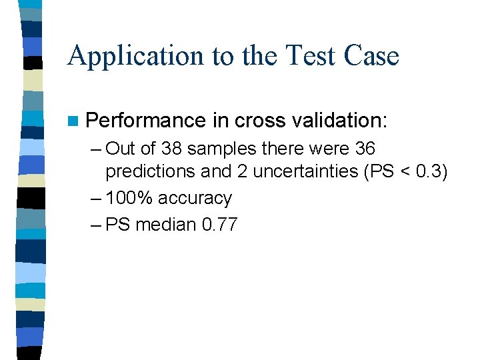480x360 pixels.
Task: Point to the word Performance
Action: pyautogui.click(x=146, y=121)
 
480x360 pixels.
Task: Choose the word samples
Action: pyautogui.click(x=217, y=147)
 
